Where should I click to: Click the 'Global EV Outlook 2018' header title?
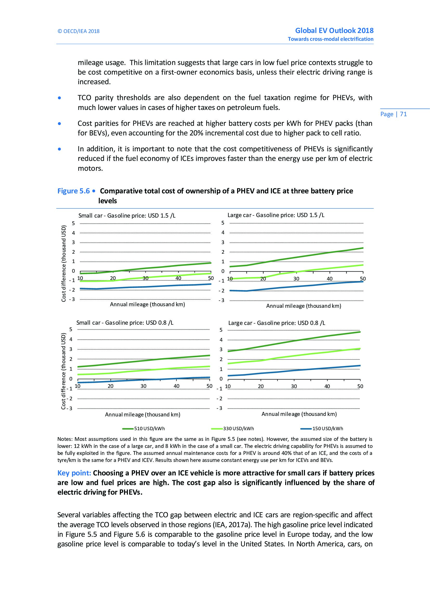click(x=334, y=30)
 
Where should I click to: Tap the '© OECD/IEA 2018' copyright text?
click(x=78, y=31)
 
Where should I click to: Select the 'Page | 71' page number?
click(x=393, y=114)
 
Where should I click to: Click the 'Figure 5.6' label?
click(x=74, y=191)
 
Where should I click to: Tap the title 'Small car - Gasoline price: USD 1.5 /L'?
click(x=127, y=215)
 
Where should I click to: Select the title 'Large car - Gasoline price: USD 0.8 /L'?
click(x=277, y=323)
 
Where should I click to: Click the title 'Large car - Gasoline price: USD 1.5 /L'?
click(x=276, y=215)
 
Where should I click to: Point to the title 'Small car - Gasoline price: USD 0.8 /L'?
click(x=125, y=323)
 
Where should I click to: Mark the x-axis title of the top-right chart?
click(x=303, y=306)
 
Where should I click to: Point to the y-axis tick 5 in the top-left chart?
click(x=74, y=223)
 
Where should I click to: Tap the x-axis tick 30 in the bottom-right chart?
click(x=294, y=386)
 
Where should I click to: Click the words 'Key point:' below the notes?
click(x=74, y=473)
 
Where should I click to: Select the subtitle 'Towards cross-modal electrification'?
click(x=330, y=39)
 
